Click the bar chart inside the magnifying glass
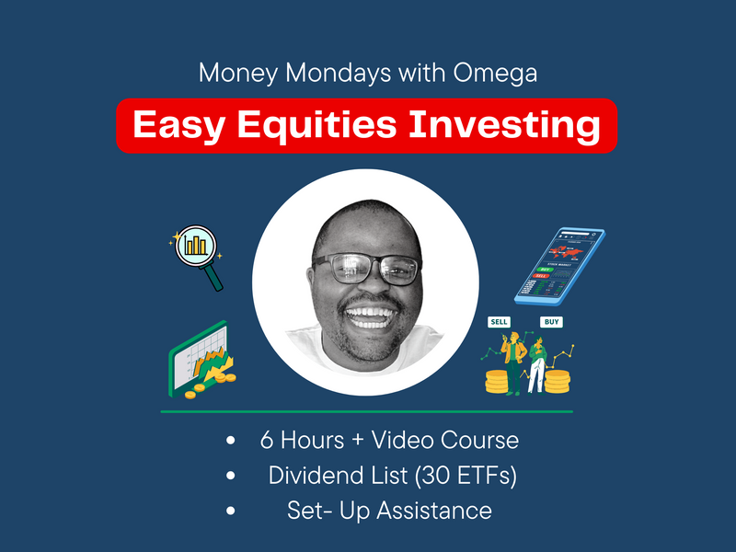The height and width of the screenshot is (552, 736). click(x=195, y=245)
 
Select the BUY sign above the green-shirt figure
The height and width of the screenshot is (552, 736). click(x=552, y=323)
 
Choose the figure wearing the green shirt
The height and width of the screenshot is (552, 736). click(x=536, y=363)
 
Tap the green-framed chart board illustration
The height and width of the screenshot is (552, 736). click(x=198, y=359)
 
